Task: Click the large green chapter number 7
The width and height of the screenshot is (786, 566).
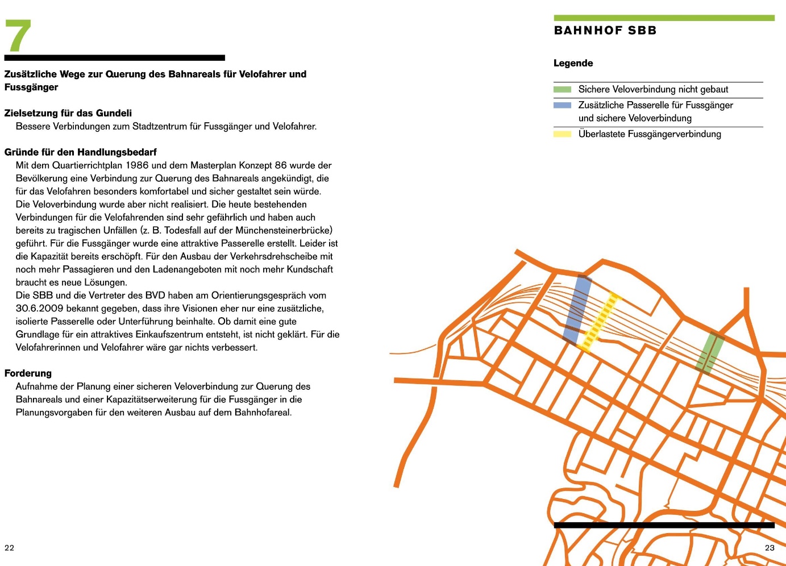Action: point(18,36)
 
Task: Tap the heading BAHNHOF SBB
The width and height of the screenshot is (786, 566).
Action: point(605,31)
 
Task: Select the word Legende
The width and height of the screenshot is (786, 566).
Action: point(573,63)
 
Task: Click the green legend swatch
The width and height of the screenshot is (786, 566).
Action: point(562,89)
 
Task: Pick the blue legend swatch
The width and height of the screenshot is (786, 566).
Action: point(562,105)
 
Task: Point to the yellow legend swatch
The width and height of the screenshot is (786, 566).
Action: point(562,134)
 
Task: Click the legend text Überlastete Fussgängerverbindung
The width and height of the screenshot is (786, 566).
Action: point(650,134)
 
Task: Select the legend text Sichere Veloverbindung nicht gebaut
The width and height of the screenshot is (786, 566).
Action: point(653,89)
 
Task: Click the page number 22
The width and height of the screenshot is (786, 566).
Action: point(9,548)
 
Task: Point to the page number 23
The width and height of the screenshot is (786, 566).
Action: point(770,548)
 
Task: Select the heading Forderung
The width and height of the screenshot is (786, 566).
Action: point(28,373)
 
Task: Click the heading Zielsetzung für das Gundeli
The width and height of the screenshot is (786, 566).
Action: point(68,113)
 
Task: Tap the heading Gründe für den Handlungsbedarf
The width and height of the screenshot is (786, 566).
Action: point(80,152)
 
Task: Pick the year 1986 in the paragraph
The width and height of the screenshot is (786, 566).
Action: point(137,165)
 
